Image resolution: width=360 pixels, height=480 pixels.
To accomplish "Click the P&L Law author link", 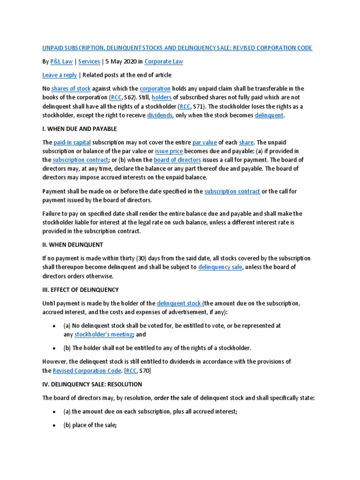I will [x=61, y=61].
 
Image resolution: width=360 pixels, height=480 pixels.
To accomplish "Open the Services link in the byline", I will [x=89, y=61].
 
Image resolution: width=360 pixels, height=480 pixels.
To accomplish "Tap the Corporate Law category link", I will [x=164, y=61].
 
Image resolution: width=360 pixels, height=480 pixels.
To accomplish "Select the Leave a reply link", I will [x=59, y=75].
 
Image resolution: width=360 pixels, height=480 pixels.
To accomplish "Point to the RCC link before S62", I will [x=115, y=97].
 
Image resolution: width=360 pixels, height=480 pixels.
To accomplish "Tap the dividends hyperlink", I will [x=159, y=115].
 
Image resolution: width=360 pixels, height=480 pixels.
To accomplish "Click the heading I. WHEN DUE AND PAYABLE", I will [x=79, y=129].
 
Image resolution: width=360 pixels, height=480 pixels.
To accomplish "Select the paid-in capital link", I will [x=72, y=142].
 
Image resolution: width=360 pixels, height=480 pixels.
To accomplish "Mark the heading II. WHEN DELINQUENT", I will [x=73, y=245].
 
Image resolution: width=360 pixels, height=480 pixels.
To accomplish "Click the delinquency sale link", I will [x=220, y=267].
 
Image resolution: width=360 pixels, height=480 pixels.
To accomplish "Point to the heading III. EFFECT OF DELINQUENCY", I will [x=81, y=290].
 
